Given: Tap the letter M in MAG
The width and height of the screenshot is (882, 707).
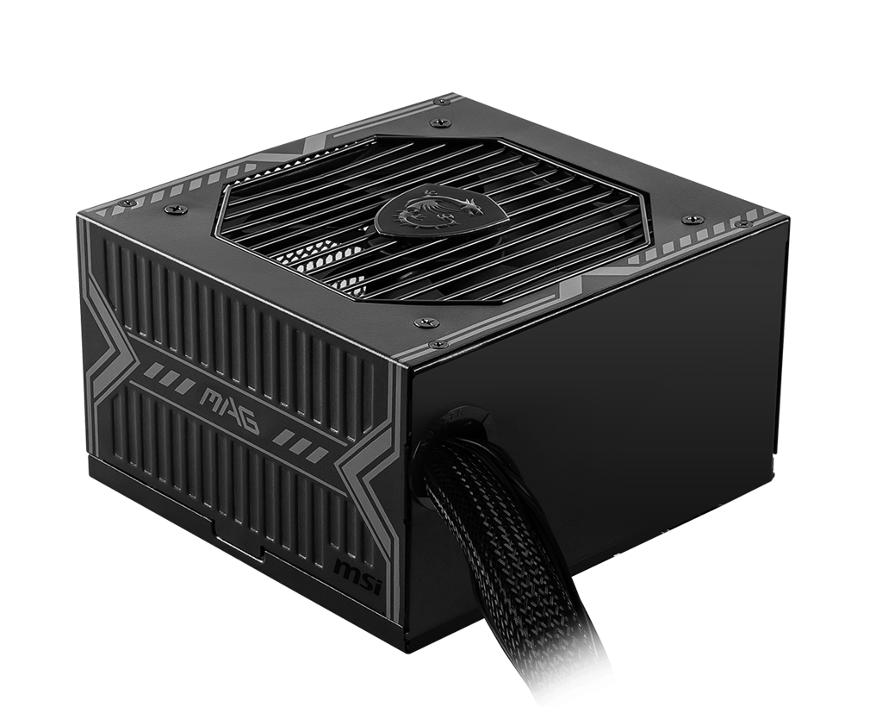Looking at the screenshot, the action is (x=210, y=398).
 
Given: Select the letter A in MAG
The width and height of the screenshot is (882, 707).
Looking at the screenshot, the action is (x=231, y=410).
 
